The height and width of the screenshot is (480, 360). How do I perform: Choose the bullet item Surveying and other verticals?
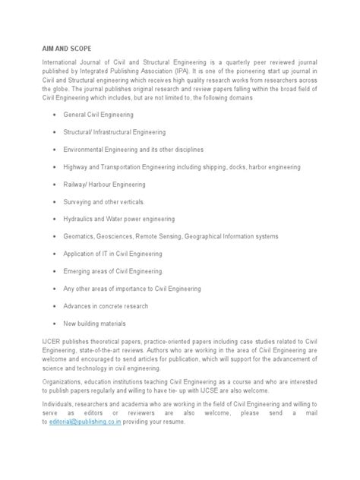109,201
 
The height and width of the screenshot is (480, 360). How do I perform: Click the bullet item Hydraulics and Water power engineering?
119,219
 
